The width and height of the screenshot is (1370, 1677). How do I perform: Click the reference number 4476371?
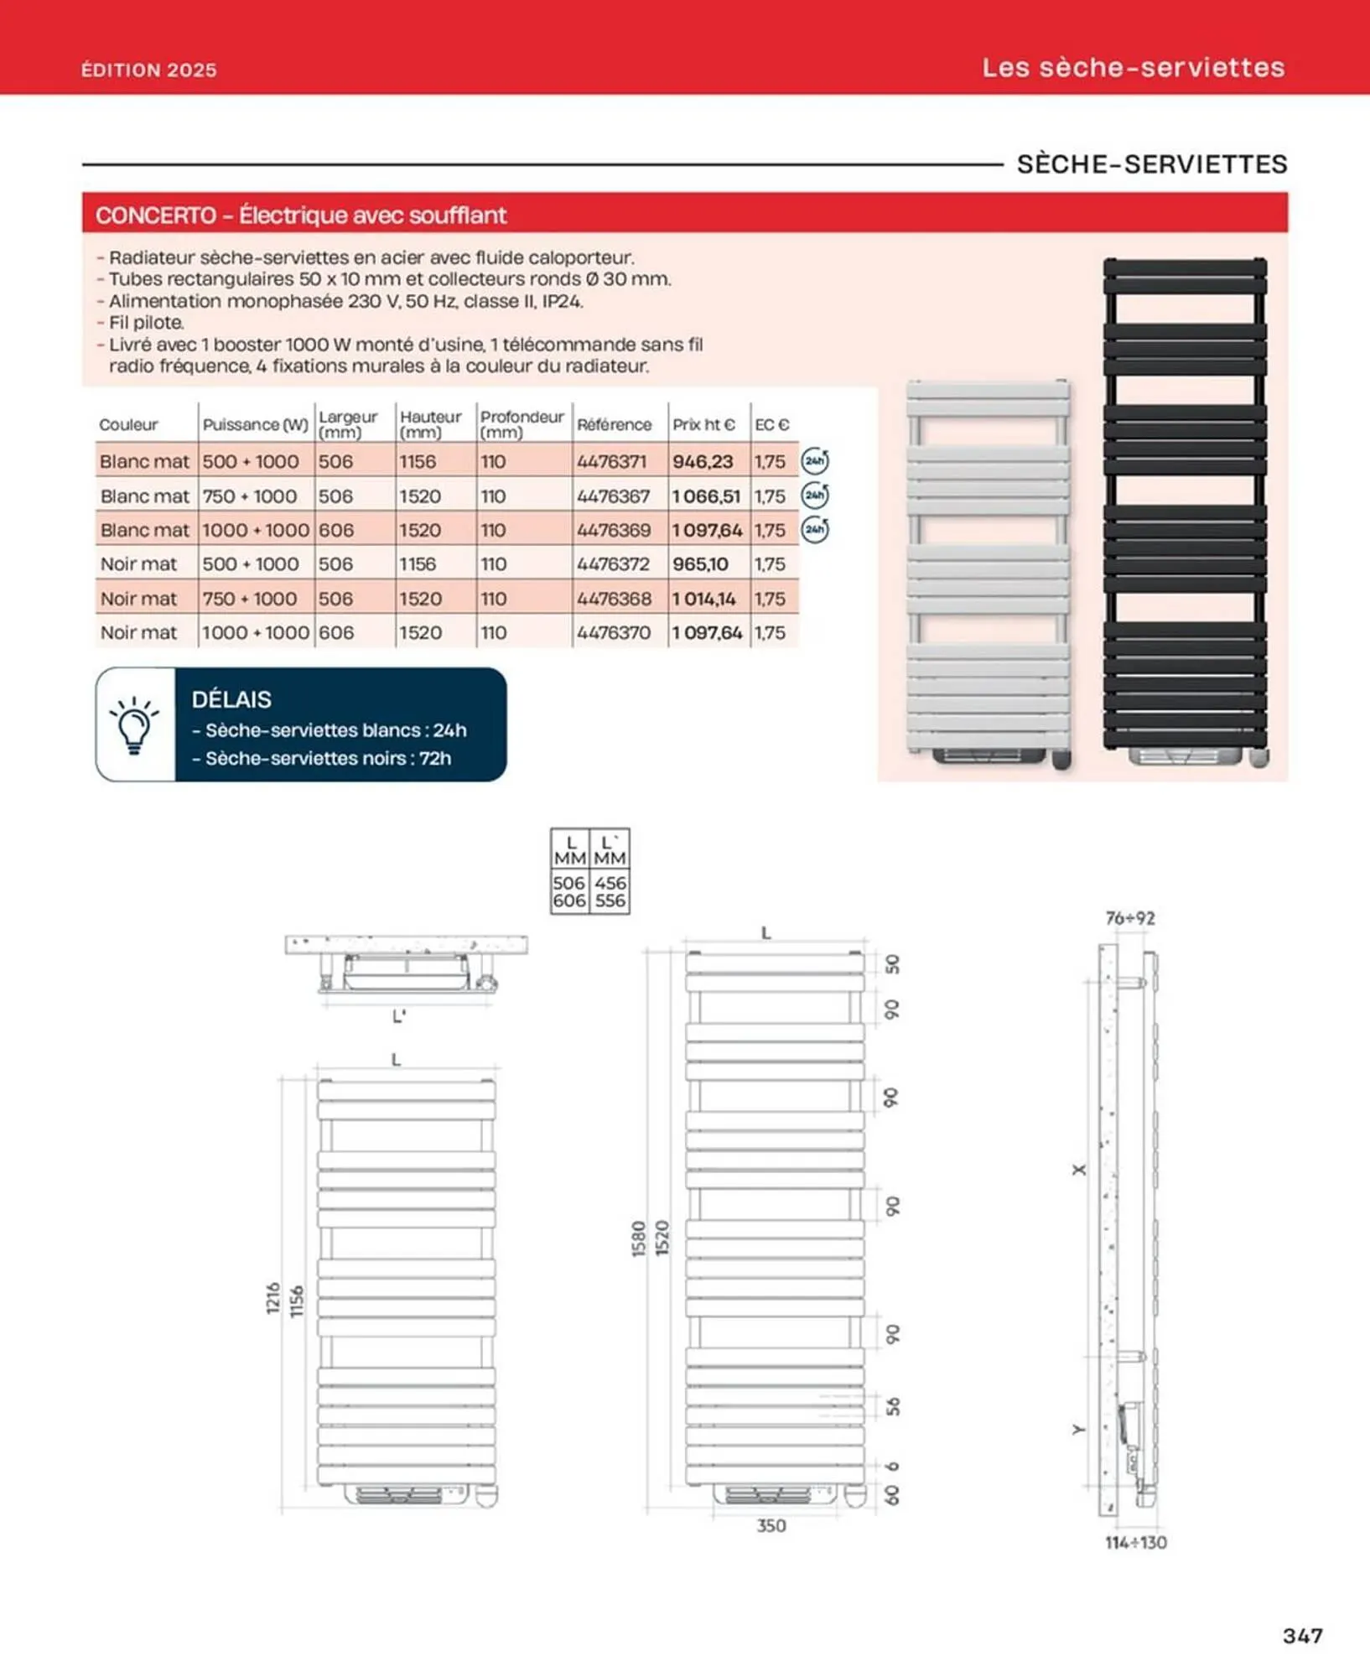click(x=611, y=461)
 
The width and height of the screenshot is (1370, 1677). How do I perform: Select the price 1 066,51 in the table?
click(x=706, y=496)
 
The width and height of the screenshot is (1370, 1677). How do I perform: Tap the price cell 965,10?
click(x=700, y=564)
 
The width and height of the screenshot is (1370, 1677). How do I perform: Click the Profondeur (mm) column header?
click(x=522, y=424)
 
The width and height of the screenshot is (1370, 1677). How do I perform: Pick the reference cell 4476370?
click(x=613, y=633)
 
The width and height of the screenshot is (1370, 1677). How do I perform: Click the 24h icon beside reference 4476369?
click(x=814, y=530)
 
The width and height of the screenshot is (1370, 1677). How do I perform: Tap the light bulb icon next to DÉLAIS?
click(x=134, y=724)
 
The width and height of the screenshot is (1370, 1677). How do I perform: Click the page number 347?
click(x=1302, y=1635)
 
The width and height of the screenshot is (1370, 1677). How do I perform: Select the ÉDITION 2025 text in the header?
click(x=148, y=70)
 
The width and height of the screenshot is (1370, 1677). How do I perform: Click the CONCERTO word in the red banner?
click(x=156, y=215)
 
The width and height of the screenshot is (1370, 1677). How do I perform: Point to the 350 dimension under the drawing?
click(x=771, y=1525)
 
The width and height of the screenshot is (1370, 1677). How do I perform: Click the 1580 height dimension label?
click(x=639, y=1238)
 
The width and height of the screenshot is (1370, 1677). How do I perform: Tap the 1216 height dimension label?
click(x=273, y=1298)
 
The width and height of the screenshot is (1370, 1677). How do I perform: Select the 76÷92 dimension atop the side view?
click(x=1129, y=918)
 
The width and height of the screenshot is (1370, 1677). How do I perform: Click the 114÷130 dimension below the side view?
click(x=1135, y=1542)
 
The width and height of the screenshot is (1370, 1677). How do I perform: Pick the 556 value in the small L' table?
click(x=610, y=901)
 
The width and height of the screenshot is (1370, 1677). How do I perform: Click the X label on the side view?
click(x=1079, y=1169)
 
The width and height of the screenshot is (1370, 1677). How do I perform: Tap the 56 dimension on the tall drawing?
click(x=893, y=1406)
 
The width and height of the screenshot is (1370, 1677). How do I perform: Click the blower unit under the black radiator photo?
click(x=1183, y=755)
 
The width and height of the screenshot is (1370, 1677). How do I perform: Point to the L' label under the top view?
click(x=399, y=1016)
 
